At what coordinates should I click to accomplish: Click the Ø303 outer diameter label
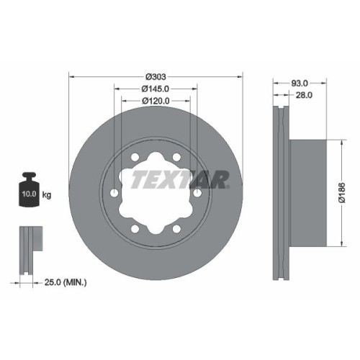[x=156, y=76]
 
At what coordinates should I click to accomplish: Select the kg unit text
[x=47, y=194]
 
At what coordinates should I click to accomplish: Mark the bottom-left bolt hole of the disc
[x=135, y=230]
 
